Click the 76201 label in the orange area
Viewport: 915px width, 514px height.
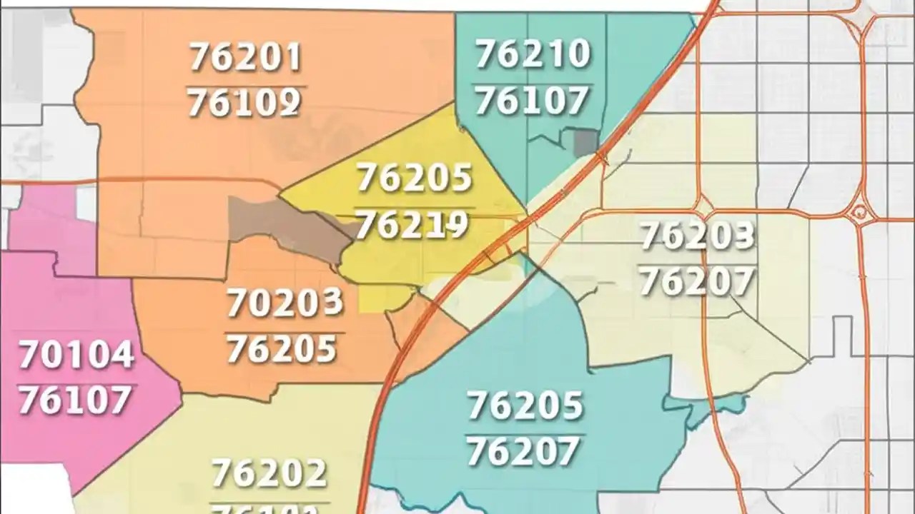(245, 58)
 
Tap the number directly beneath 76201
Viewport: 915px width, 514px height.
(244, 104)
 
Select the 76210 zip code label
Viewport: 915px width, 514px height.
(533, 54)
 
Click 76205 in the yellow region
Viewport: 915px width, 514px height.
(415, 178)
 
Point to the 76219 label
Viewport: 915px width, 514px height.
(412, 226)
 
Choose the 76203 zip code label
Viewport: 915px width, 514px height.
(697, 236)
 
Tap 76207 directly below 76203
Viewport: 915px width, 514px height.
(697, 281)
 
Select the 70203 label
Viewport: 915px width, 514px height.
(285, 303)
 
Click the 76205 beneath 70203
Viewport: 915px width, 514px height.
(282, 349)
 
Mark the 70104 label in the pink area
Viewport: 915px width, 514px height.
(76, 355)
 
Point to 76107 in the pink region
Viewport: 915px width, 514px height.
(75, 400)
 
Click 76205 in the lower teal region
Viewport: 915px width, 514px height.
(525, 406)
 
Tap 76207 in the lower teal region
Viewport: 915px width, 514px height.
(523, 451)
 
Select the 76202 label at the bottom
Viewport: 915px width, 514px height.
(269, 473)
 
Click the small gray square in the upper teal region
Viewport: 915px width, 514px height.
(585, 142)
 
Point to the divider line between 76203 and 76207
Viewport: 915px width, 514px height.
(697, 259)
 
